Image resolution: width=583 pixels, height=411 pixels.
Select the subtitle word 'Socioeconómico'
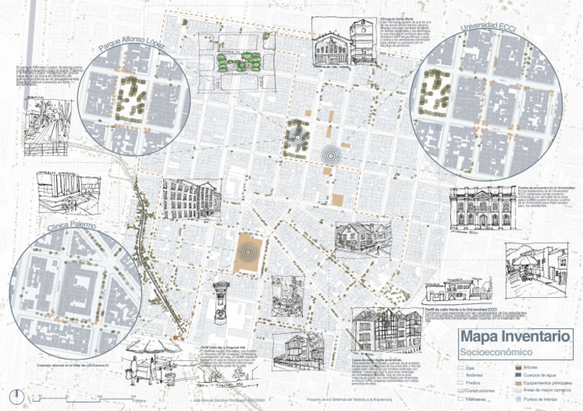[x=493, y=353]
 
